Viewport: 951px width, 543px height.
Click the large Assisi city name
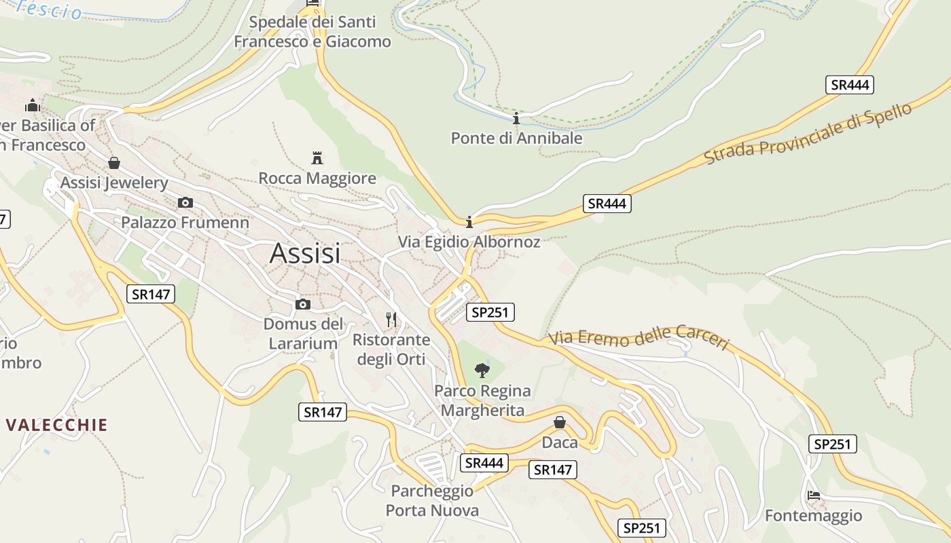click(x=305, y=253)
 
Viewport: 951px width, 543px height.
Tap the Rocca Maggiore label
click(x=317, y=179)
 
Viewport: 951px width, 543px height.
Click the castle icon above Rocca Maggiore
click(x=317, y=158)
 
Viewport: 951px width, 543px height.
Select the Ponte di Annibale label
click(x=516, y=138)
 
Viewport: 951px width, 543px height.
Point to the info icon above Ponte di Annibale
click(x=516, y=119)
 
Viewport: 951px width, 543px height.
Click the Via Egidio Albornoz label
click(x=469, y=242)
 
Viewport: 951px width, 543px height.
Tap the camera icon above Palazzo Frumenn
click(x=185, y=202)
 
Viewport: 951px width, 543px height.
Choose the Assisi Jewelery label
click(x=114, y=183)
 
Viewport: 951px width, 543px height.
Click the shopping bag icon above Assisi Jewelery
click(x=114, y=163)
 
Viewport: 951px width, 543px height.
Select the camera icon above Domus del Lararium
click(x=303, y=304)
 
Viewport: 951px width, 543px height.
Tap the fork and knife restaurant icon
click(x=391, y=319)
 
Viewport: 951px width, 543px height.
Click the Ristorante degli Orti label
click(x=391, y=349)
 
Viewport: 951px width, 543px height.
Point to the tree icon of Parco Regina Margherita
click(x=482, y=370)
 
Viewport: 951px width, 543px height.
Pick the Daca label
click(x=560, y=443)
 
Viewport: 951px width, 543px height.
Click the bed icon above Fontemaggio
click(x=814, y=495)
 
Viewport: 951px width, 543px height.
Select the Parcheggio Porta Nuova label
click(x=432, y=500)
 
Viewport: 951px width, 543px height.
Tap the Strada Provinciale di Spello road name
click(x=808, y=134)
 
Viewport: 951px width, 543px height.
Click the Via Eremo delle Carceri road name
click(x=639, y=337)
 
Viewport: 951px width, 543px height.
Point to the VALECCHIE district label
click(x=57, y=426)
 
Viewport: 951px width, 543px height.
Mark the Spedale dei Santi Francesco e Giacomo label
click(x=312, y=32)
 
